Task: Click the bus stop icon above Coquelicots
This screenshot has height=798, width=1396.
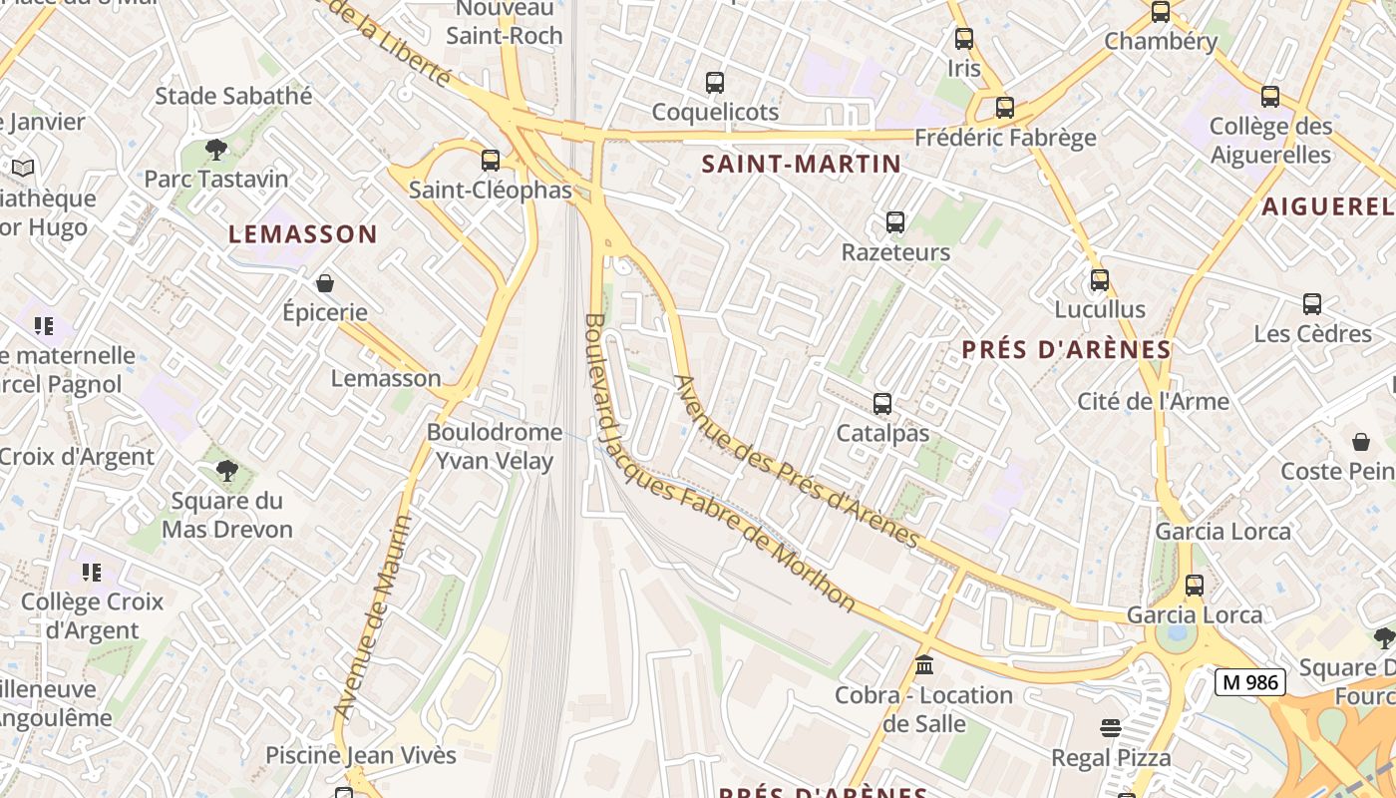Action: [x=715, y=83]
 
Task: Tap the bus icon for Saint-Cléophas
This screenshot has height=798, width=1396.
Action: [x=490, y=161]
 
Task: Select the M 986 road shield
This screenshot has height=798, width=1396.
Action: [x=1250, y=682]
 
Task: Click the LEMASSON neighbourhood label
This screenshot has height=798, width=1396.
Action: [x=303, y=234]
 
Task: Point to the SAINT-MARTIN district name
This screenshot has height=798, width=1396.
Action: [x=802, y=164]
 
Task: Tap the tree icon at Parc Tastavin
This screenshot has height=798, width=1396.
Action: [x=215, y=151]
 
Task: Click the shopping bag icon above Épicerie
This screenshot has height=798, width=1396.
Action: [x=324, y=284]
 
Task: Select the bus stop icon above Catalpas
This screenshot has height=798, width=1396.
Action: [x=882, y=404]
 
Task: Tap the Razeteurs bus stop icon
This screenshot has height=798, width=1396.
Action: [x=895, y=222]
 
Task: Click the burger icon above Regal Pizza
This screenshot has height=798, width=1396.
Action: [x=1111, y=728]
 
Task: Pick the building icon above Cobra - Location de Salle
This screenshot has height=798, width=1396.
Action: [x=923, y=665]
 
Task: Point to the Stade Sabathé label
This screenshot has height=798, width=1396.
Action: [x=233, y=96]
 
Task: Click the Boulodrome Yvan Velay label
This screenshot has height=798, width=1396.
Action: [x=495, y=446]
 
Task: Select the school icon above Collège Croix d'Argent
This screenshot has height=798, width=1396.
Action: [x=92, y=573]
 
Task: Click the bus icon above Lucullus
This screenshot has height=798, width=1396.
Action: [x=1100, y=280]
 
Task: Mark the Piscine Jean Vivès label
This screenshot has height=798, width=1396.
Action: [x=361, y=755]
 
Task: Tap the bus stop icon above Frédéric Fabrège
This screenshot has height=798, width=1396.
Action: [x=1005, y=108]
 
